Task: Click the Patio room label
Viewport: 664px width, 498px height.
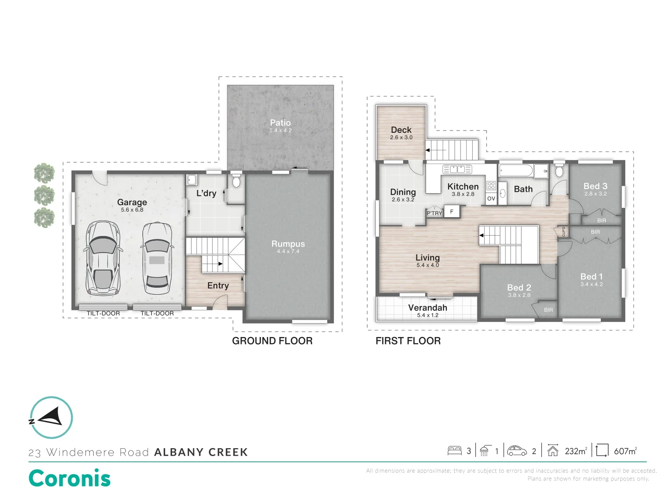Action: pos(280,123)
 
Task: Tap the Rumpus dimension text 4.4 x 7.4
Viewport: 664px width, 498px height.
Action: pos(288,252)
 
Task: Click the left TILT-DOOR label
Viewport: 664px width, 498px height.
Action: pos(103,314)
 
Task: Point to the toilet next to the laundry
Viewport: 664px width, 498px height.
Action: pos(236,181)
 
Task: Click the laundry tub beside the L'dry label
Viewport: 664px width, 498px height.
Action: pos(192,179)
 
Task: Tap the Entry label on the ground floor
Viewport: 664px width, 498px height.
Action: pos(218,286)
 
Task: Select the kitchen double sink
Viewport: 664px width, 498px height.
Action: pos(457,169)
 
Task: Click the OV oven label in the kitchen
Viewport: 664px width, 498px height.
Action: pos(491,199)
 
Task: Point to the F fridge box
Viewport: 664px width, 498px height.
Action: pos(452,212)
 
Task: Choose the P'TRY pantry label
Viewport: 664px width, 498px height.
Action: pos(434,213)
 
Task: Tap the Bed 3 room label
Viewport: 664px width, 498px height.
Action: pos(595,186)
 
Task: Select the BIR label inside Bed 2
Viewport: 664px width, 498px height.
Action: pos(548,310)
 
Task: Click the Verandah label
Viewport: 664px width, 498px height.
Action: pos(427,308)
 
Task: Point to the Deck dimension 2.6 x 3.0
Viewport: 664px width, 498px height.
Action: pos(401,137)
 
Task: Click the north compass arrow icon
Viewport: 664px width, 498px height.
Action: pos(51,417)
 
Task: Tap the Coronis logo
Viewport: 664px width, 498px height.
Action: pos(70,478)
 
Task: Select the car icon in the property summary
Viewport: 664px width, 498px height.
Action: pos(517,451)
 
